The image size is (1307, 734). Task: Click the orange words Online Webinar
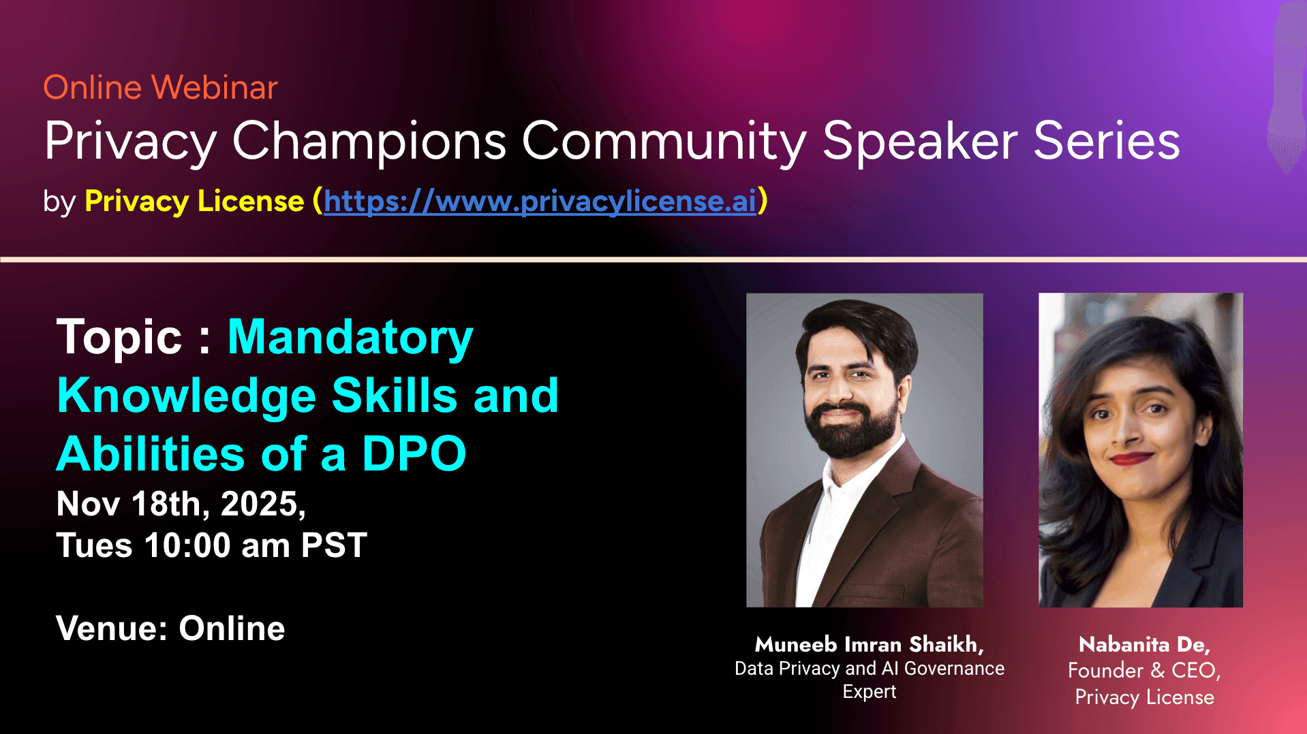160,87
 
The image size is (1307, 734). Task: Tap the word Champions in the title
369,142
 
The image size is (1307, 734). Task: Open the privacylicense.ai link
540,201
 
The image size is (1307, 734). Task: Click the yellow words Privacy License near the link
194,201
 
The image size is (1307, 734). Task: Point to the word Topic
119,338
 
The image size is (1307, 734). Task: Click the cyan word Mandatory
350,338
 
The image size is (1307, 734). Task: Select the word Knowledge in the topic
187,396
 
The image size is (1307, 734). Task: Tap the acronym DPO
414,453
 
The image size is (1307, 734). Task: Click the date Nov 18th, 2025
181,505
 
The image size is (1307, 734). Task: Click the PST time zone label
334,545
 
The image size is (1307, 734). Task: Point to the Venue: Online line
170,628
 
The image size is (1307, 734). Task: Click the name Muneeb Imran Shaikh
869,644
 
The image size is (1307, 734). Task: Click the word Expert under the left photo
870,692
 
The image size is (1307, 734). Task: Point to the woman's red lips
1131,458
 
